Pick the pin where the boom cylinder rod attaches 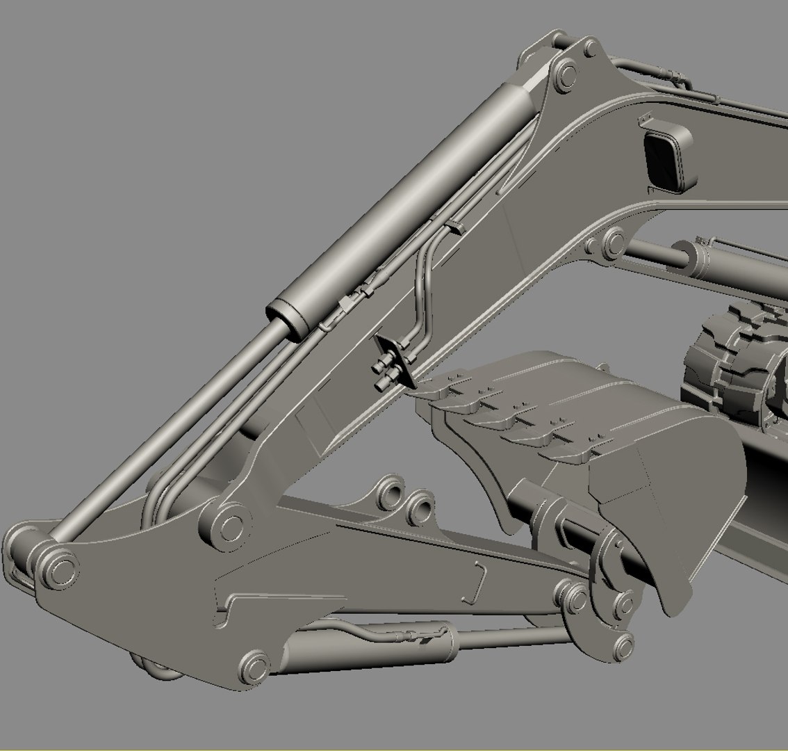(613, 242)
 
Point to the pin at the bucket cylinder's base (254, 666)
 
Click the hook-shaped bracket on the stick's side (477, 584)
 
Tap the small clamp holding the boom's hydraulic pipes (455, 227)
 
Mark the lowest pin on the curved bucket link (622, 643)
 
